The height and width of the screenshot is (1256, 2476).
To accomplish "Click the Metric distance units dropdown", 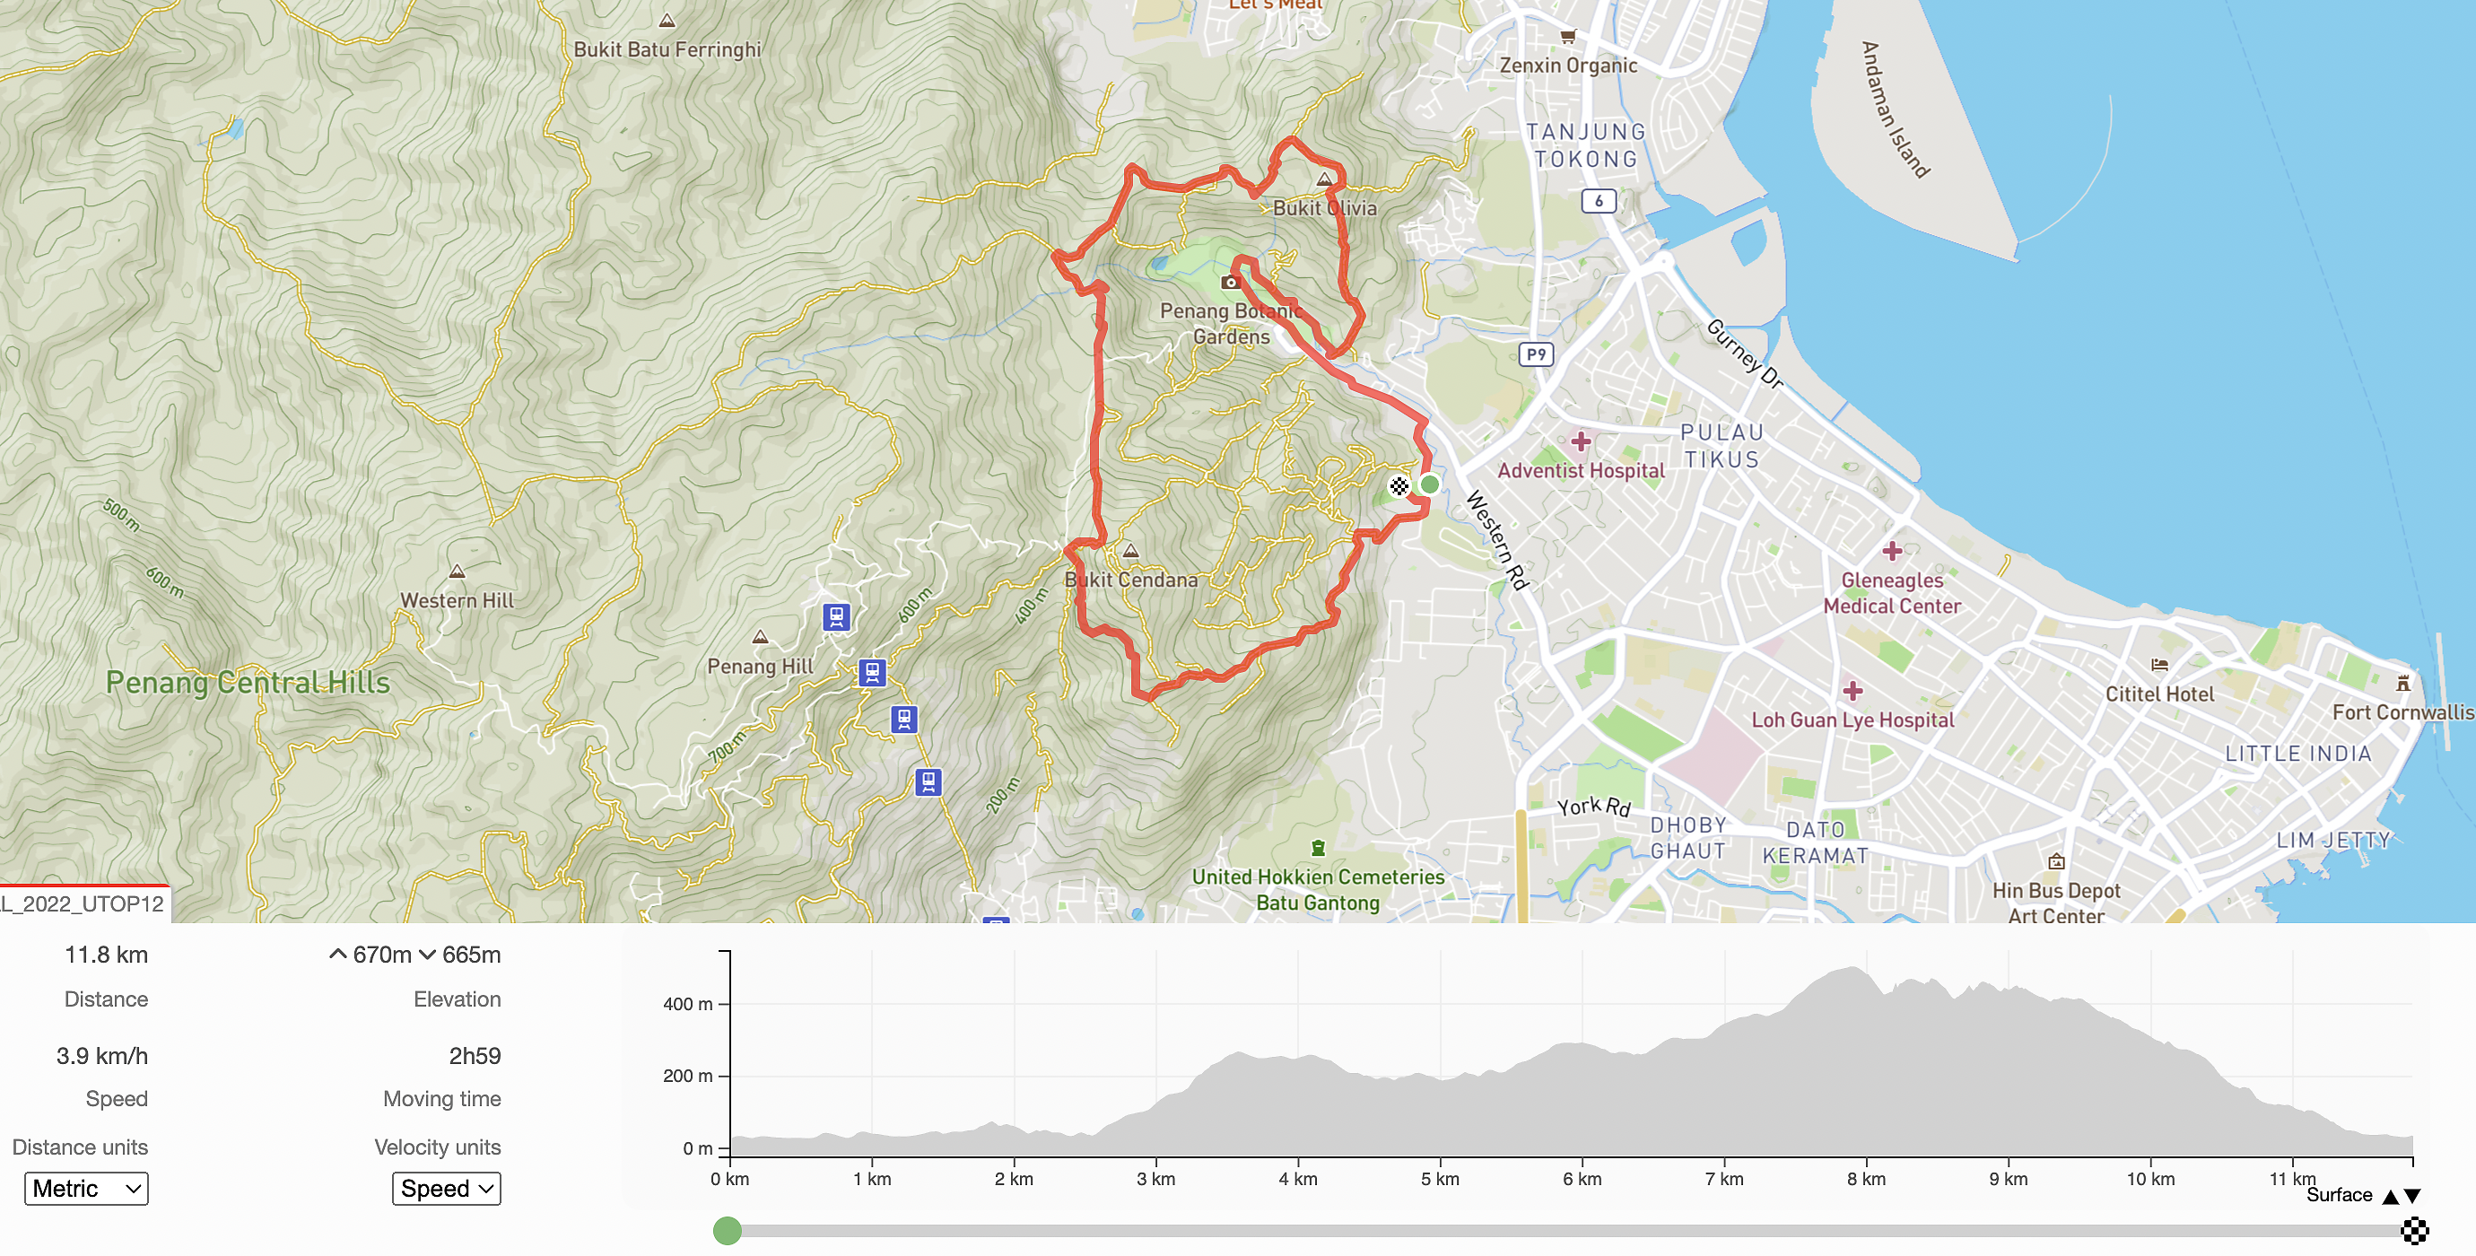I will [x=86, y=1189].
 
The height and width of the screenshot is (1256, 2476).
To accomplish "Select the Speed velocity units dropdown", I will [x=446, y=1189].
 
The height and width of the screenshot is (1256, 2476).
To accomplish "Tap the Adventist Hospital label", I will [x=1580, y=470].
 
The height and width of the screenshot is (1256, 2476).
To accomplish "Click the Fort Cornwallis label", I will [x=2402, y=712].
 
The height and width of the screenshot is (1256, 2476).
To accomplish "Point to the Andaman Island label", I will [x=1895, y=109].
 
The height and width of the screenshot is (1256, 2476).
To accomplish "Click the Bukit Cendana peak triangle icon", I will [x=1131, y=552].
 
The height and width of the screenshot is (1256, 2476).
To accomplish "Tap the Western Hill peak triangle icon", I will [x=458, y=571].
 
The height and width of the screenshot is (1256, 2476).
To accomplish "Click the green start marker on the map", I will [x=1429, y=484].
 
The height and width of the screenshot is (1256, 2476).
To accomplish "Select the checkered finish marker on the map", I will [x=1399, y=486].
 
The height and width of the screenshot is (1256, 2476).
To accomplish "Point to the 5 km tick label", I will [x=1440, y=1179].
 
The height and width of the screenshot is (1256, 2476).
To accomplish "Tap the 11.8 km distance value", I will [x=106, y=955].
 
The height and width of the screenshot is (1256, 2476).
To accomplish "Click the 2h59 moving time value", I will [x=475, y=1056].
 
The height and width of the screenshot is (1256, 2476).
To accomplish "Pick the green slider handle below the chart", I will [x=728, y=1231].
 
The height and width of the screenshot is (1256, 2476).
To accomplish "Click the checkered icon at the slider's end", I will [x=2414, y=1231].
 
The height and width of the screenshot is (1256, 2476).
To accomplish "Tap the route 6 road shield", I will [x=1599, y=201].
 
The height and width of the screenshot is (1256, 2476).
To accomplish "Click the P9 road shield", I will [x=1536, y=354].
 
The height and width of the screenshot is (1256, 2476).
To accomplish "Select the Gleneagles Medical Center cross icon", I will [x=1892, y=551].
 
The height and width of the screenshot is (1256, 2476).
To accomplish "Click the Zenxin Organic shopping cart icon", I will [x=1568, y=37].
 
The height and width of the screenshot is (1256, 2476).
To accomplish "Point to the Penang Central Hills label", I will [x=248, y=683].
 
